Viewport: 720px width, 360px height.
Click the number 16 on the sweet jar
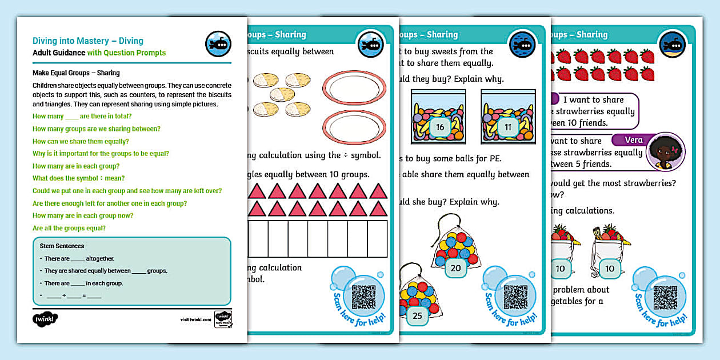pos(439,127)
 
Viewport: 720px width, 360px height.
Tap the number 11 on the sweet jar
pos(508,127)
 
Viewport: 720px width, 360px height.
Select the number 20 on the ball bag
pos(455,268)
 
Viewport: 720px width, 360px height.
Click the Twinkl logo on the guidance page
pos(45,319)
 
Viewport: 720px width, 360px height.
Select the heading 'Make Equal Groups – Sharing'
pos(76,73)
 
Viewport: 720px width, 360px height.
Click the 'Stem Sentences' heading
pos(62,246)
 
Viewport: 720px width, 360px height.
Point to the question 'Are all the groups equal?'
pos(69,229)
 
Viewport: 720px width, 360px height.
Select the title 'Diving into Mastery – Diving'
pos(88,41)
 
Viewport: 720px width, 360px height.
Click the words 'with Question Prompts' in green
pos(126,53)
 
